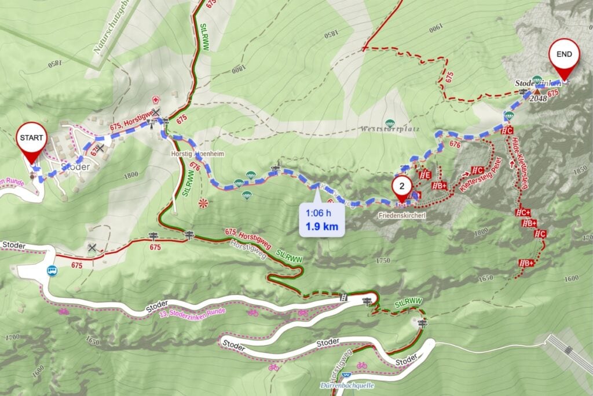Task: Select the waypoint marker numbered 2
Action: pos(401,188)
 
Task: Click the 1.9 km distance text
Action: pos(321,226)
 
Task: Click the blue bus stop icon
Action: pos(53,270)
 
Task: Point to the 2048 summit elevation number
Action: pos(538,99)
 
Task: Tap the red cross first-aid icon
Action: pos(155,99)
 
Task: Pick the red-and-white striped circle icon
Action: pos(203,203)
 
